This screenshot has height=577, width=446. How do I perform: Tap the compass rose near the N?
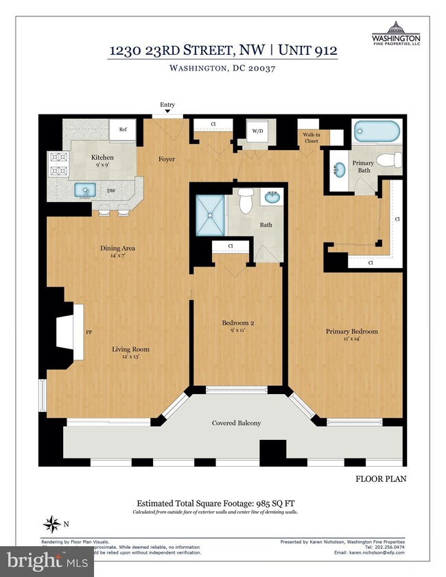[x=51, y=525]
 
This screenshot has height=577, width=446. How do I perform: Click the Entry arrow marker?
[x=167, y=112]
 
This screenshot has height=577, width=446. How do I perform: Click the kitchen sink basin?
[x=86, y=190]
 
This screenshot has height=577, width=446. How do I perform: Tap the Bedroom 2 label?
[x=238, y=323]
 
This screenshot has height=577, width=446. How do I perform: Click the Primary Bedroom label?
[x=351, y=332]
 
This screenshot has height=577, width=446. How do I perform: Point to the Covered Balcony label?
[x=236, y=423]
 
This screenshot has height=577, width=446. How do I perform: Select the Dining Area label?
[x=118, y=248]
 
